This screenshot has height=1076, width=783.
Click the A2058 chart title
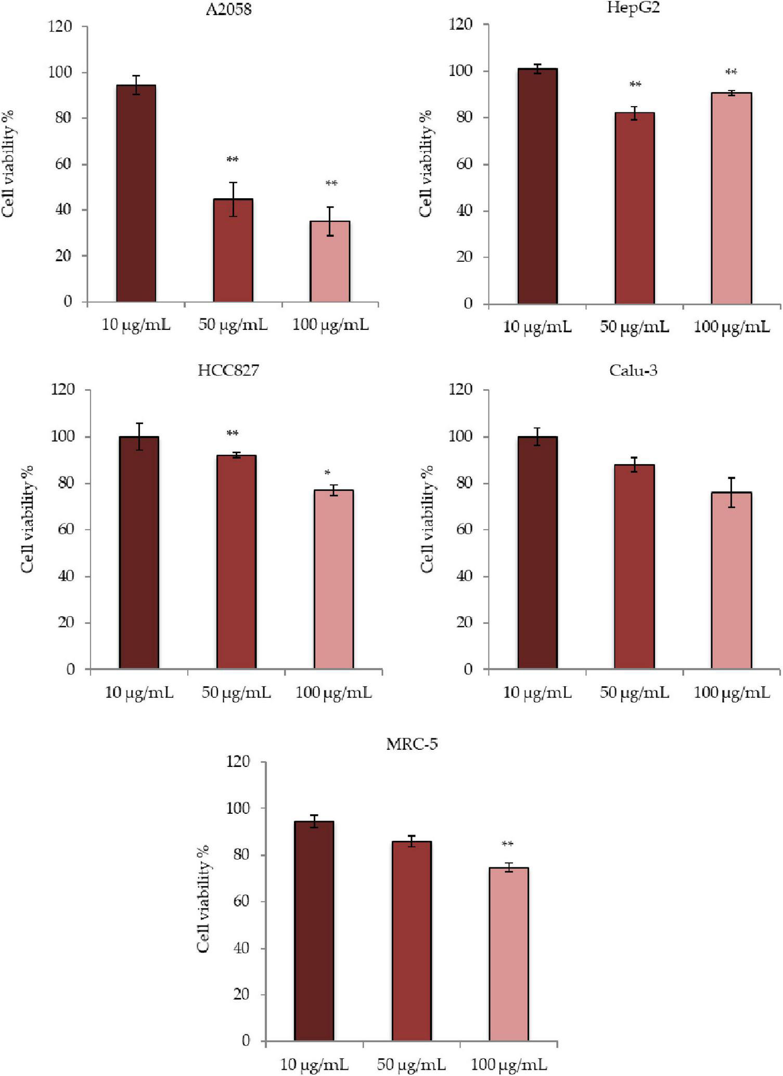228,9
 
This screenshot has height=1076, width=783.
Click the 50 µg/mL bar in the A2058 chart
233,250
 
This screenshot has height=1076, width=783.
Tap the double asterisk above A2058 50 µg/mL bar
233,159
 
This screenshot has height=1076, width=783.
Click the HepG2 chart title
633,8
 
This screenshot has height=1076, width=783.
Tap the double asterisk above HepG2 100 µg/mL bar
731,72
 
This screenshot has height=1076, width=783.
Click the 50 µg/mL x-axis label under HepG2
634,327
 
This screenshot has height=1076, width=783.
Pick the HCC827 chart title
228,370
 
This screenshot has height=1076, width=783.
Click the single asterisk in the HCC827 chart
327,473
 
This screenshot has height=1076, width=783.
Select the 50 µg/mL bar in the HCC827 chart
236,561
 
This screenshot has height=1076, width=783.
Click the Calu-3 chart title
633,370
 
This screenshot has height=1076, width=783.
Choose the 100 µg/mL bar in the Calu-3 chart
731,580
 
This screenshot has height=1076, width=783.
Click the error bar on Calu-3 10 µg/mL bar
537,437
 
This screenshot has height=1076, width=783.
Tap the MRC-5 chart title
412,744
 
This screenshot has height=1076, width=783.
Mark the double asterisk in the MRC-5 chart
507,844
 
